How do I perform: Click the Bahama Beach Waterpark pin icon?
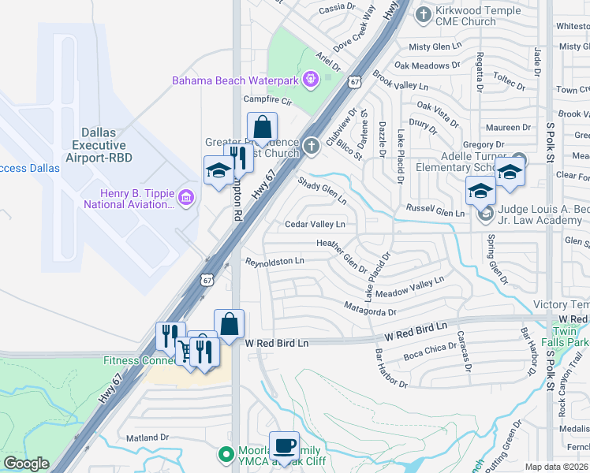click(x=311, y=79)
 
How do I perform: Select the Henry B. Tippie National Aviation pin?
click(x=186, y=196)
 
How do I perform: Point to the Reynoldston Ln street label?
click(x=274, y=261)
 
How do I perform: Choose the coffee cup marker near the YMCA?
click(x=284, y=445)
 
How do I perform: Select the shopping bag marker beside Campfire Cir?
click(x=262, y=127)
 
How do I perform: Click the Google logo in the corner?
click(x=26, y=464)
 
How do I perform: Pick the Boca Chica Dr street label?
click(x=425, y=348)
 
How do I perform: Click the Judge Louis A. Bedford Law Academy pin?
click(x=486, y=213)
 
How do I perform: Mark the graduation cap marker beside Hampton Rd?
click(x=218, y=169)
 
